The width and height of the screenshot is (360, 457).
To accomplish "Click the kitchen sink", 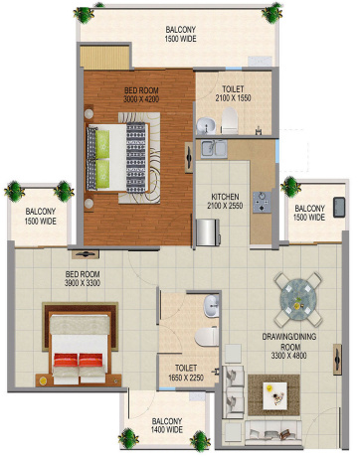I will click(215, 150).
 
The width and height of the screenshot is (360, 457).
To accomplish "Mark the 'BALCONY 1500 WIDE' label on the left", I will click(41, 216).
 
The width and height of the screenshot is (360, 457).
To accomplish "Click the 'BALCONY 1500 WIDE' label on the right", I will click(310, 211).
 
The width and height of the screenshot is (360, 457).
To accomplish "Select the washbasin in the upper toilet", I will click(204, 124).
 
